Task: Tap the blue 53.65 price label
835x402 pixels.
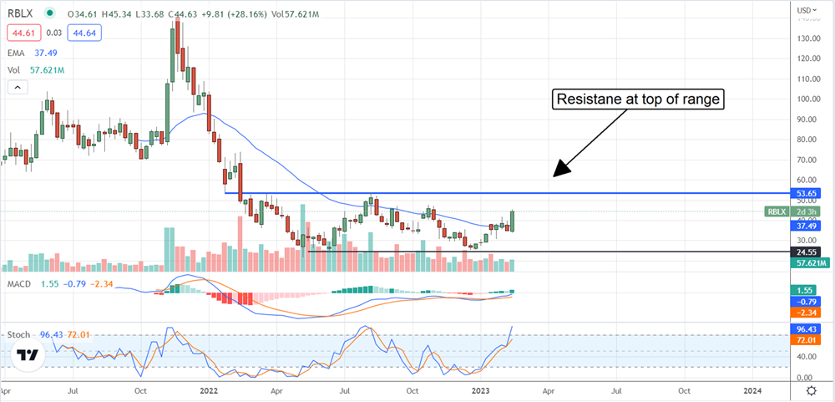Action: tap(807, 193)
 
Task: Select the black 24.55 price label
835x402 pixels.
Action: tap(807, 251)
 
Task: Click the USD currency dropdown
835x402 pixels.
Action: tap(805, 10)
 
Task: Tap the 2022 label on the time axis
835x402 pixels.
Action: tap(210, 390)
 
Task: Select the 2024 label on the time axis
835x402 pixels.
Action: tap(752, 390)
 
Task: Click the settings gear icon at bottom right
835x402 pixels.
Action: tap(811, 390)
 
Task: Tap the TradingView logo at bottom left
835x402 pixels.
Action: tap(28, 354)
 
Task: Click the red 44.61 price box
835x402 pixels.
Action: tap(22, 33)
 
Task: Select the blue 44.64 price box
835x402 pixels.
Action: tap(73, 33)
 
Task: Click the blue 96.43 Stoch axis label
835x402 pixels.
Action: tap(807, 329)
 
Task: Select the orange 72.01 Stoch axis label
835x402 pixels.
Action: tap(807, 340)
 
